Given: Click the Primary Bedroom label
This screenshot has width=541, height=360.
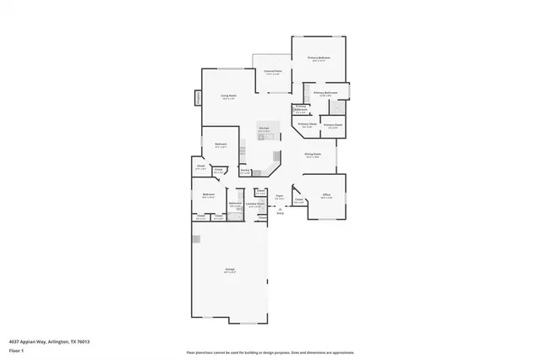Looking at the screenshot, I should tap(320, 57).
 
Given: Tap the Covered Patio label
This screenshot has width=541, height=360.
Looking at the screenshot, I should tap(272, 72).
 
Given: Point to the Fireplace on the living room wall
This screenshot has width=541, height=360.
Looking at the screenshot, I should tap(199, 97).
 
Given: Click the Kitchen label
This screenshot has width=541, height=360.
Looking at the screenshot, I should tap(264, 130).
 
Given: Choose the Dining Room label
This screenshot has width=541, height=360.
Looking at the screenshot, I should tap(313, 155).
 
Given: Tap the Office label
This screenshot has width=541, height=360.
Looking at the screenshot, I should tap(325, 195).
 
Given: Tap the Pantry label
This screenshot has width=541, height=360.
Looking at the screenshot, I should tap(244, 172).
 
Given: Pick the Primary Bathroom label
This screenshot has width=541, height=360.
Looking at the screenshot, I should tap(325, 93).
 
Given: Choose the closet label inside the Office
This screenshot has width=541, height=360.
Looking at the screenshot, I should tap(299, 201).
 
